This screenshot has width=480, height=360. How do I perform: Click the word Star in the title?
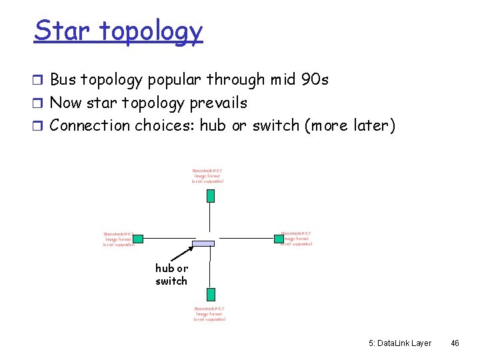click(61, 31)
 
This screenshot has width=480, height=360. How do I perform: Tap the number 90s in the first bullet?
click(315, 80)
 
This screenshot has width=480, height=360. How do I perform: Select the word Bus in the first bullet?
click(63, 80)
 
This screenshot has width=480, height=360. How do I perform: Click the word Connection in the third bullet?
click(91, 125)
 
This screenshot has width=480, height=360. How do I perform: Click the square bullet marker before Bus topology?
click(39, 81)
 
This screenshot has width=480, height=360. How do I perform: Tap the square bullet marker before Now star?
click(39, 103)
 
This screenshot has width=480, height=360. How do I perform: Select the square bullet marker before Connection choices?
click(39, 126)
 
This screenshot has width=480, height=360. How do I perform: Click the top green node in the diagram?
click(210, 195)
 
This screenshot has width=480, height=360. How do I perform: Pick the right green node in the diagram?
click(279, 238)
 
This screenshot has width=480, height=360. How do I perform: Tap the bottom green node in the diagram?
click(210, 294)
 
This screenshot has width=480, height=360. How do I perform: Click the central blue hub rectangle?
click(204, 243)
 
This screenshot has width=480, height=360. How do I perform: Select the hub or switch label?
click(171, 274)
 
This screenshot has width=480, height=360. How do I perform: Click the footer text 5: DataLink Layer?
click(399, 343)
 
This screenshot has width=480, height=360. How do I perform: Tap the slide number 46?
click(455, 343)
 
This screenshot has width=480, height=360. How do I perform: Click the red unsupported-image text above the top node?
click(208, 176)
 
